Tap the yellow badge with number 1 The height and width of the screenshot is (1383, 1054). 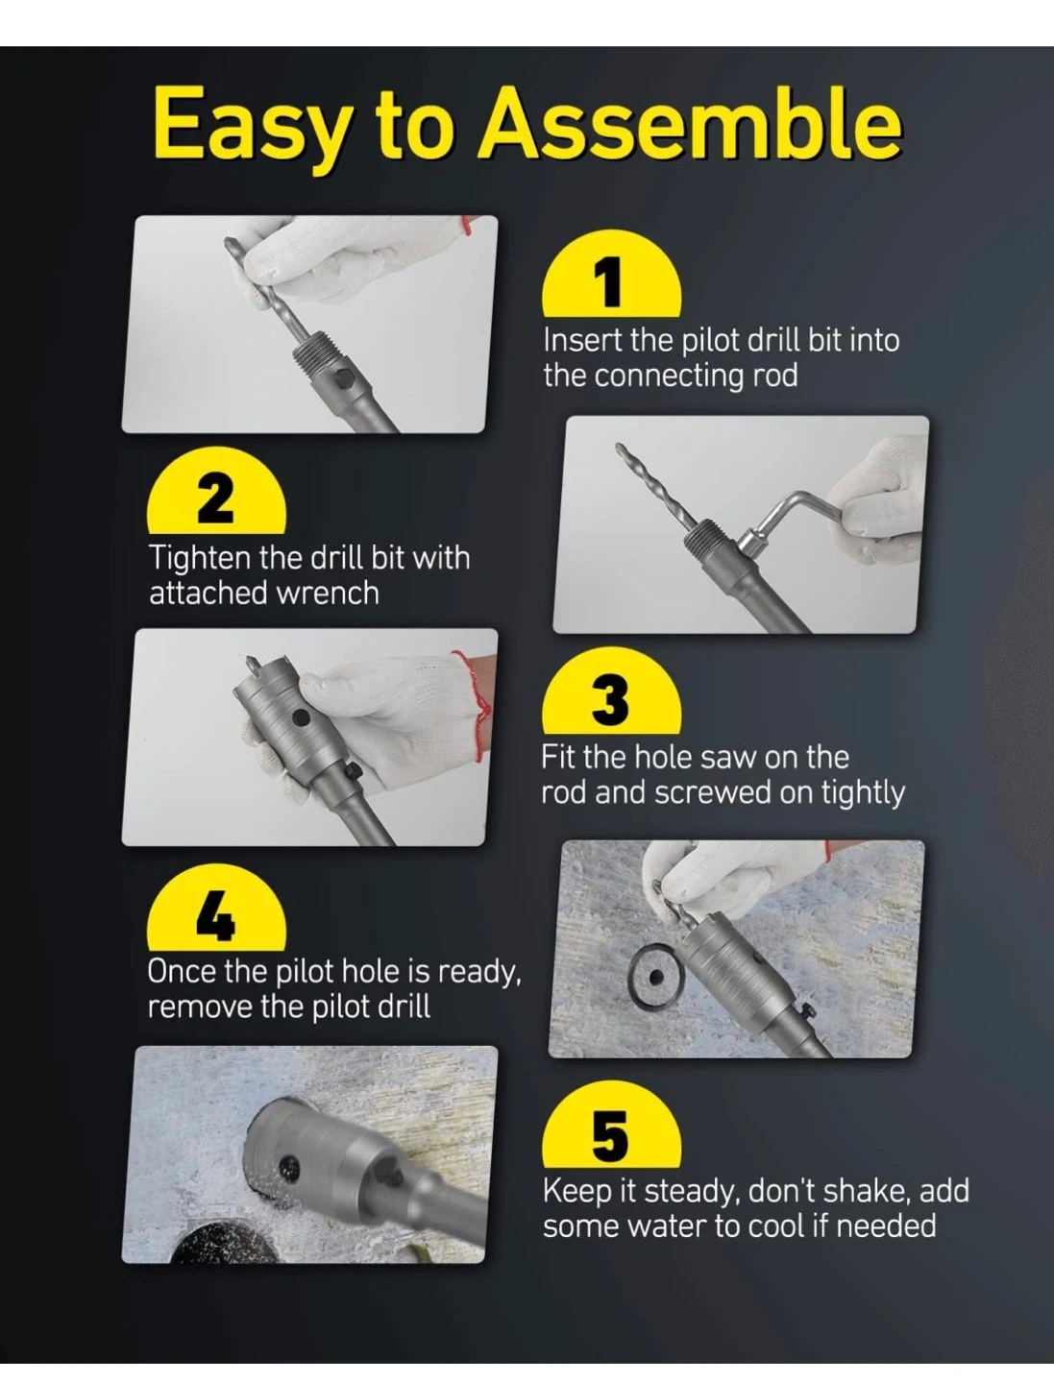point(611,279)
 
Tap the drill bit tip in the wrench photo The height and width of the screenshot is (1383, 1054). point(618,446)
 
